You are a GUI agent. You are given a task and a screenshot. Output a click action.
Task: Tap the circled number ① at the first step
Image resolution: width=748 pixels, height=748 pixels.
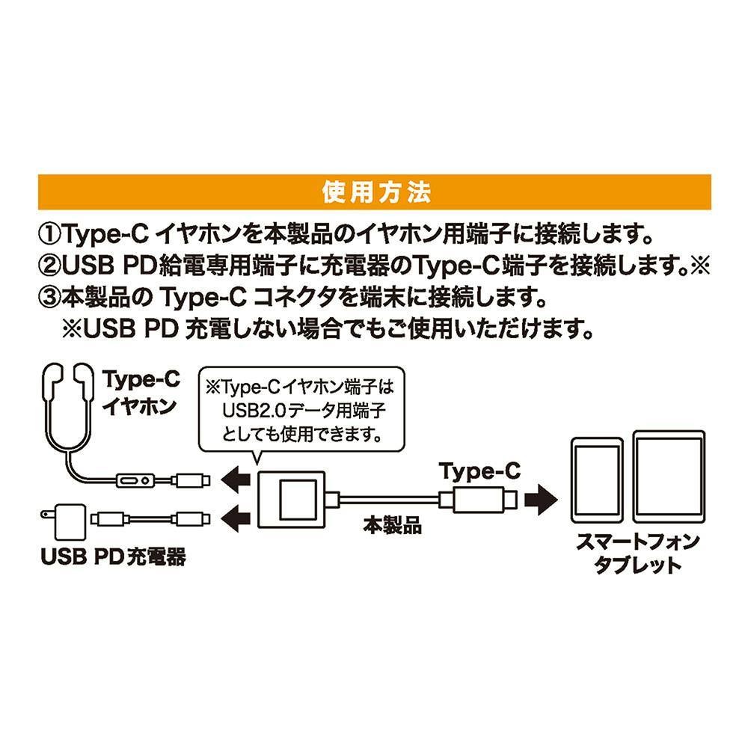pyautogui.click(x=50, y=233)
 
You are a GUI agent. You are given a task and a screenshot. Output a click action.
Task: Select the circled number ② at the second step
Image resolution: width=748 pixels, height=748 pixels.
pyautogui.click(x=50, y=266)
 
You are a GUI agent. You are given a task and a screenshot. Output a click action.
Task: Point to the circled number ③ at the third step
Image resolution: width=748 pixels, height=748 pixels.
pyautogui.click(x=50, y=298)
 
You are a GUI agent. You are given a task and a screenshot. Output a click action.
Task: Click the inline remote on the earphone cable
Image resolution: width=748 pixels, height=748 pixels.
pyautogui.click(x=135, y=480)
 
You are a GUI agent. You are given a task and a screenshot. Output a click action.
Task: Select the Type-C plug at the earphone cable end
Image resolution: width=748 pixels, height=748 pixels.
pyautogui.click(x=191, y=480)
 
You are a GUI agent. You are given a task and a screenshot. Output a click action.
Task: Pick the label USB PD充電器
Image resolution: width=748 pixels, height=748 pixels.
pyautogui.click(x=114, y=557)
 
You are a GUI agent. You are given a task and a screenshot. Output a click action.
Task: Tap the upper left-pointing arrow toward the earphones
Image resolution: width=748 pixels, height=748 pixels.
pyautogui.click(x=236, y=479)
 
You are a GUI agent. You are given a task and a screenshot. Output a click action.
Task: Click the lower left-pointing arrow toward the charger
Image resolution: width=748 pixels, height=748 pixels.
pyautogui.click(x=236, y=518)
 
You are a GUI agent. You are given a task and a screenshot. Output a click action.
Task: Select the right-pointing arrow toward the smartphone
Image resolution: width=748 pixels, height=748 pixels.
pyautogui.click(x=541, y=500)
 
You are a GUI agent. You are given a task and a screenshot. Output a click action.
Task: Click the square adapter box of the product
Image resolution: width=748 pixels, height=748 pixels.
pyautogui.click(x=292, y=500)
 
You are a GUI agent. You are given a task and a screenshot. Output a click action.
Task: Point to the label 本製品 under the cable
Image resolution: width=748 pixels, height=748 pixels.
pyautogui.click(x=392, y=525)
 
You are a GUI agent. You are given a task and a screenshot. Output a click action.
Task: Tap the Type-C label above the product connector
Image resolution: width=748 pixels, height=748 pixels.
pyautogui.click(x=479, y=472)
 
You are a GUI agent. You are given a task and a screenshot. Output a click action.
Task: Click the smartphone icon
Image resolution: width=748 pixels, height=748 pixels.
pyautogui.click(x=597, y=480)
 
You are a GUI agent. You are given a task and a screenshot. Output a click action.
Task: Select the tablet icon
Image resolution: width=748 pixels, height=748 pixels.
pyautogui.click(x=669, y=476)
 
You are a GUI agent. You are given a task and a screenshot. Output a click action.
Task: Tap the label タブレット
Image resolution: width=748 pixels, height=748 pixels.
pyautogui.click(x=638, y=565)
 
